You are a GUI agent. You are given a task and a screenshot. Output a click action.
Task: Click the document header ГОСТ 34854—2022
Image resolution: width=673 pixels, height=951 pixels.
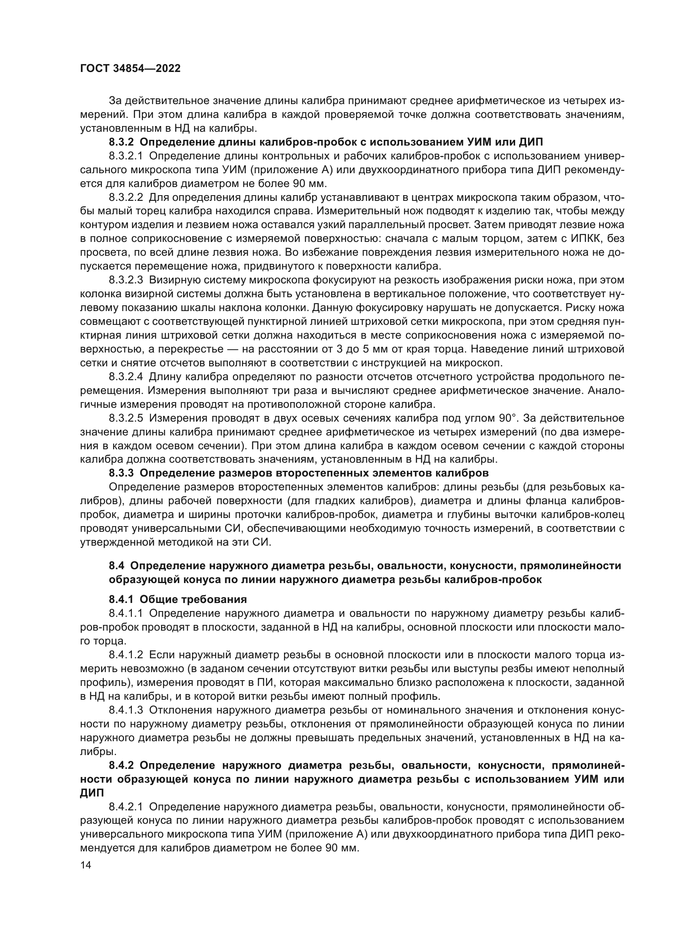[x=130, y=69]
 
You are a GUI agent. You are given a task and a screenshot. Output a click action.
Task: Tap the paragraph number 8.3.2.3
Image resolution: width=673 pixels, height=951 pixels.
[x=126, y=281]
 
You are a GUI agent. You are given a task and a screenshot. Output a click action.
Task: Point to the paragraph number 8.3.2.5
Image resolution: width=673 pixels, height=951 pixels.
[x=126, y=418]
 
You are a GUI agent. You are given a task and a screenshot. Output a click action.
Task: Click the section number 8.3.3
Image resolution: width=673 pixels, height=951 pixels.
[x=121, y=473]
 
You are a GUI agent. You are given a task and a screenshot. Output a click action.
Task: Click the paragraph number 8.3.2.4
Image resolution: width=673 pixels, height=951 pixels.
[x=126, y=377]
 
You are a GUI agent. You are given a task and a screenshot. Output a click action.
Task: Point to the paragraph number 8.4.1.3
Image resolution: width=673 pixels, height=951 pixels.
[x=126, y=710]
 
